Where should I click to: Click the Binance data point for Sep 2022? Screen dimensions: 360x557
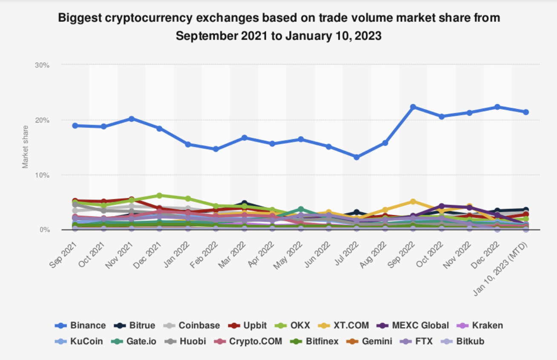[413, 107]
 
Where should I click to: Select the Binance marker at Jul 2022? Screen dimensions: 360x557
[356, 157]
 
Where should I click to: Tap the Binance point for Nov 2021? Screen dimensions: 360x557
[132, 119]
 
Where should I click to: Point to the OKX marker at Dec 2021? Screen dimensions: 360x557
[159, 195]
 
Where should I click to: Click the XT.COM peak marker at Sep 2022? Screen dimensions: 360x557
[413, 201]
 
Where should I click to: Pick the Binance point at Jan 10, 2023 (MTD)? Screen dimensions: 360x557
[526, 112]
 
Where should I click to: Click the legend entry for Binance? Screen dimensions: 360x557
[80, 326]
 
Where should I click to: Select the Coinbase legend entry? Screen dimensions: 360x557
[192, 326]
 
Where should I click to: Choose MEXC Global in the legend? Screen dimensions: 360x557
[413, 326]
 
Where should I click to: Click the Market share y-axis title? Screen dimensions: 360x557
[26, 146]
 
